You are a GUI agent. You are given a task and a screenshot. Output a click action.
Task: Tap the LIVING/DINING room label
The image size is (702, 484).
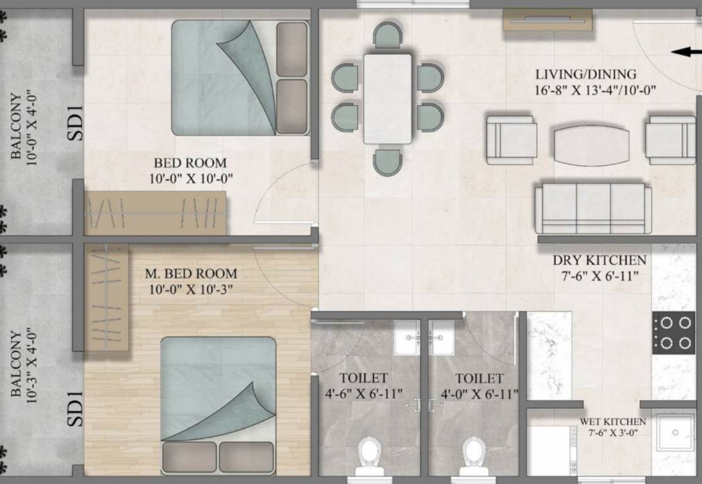(x=586, y=74)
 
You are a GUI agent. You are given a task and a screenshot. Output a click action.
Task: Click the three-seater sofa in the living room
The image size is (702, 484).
(x=592, y=208)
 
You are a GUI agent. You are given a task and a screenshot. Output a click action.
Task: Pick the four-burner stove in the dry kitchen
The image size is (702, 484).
(x=673, y=332)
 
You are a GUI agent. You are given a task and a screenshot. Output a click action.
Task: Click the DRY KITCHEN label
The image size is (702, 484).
(x=599, y=260)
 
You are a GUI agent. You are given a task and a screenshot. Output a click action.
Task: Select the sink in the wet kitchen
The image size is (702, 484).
(x=674, y=433)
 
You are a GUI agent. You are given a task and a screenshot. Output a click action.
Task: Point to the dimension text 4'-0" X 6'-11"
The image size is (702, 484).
(x=479, y=394)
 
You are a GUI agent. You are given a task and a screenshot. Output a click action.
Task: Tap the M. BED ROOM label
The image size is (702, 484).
(x=191, y=274)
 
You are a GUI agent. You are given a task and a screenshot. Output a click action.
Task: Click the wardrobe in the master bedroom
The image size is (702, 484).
(x=106, y=297)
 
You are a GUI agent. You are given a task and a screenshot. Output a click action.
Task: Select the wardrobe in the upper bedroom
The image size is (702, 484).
(x=156, y=213)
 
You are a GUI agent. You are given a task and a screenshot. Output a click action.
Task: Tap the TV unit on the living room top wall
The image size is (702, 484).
(x=547, y=20)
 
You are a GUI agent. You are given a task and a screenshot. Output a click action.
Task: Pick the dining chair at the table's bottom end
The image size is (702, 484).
(x=387, y=161)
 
